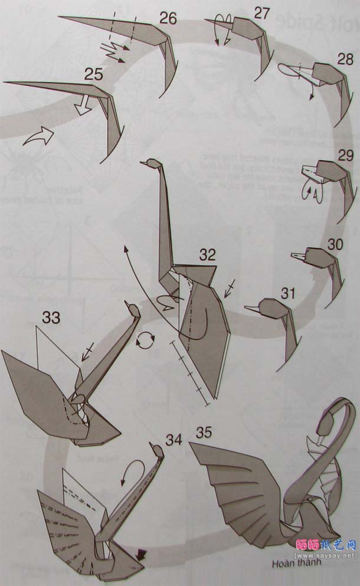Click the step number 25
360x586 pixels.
point(94,75)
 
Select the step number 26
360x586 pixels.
point(168,19)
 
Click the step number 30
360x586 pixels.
point(335,244)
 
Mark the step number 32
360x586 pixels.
point(207,255)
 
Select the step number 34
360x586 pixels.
point(173,440)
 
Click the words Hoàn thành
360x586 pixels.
point(292,562)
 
